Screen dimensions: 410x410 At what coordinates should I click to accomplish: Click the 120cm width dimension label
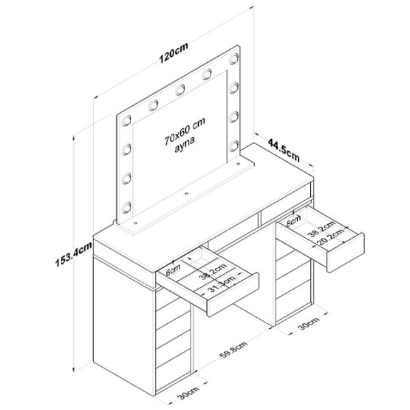point(173,54)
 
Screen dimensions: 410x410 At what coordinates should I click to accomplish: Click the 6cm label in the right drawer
point(292,221)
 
